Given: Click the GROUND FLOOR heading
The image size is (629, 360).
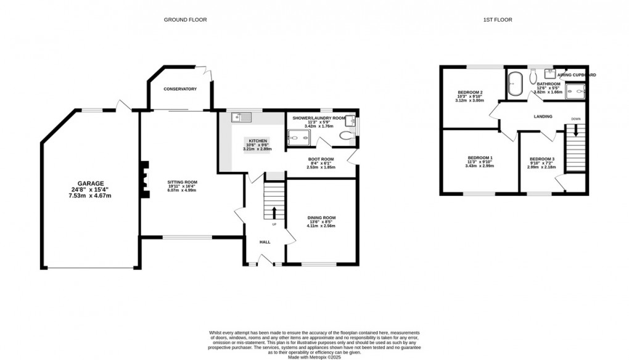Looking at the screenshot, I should [185, 20].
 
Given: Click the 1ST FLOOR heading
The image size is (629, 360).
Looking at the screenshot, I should [498, 20].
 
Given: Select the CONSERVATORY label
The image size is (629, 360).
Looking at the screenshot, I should [180, 89].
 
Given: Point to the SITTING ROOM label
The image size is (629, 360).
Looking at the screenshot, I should [182, 182].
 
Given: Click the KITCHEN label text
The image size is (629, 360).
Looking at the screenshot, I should [258, 141].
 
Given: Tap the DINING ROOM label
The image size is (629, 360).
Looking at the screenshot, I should [321, 218].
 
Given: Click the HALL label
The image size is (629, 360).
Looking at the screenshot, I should [265, 242].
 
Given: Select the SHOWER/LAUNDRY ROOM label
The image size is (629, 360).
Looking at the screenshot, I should [319, 118].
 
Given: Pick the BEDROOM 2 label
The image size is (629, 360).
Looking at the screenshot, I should [470, 92].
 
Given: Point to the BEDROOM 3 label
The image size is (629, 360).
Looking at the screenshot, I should [543, 159].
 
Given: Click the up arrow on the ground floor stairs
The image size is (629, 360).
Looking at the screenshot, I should [274, 213].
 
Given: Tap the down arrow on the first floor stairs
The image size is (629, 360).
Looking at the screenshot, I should [576, 130].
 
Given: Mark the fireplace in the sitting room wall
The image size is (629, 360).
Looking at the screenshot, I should [144, 180].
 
